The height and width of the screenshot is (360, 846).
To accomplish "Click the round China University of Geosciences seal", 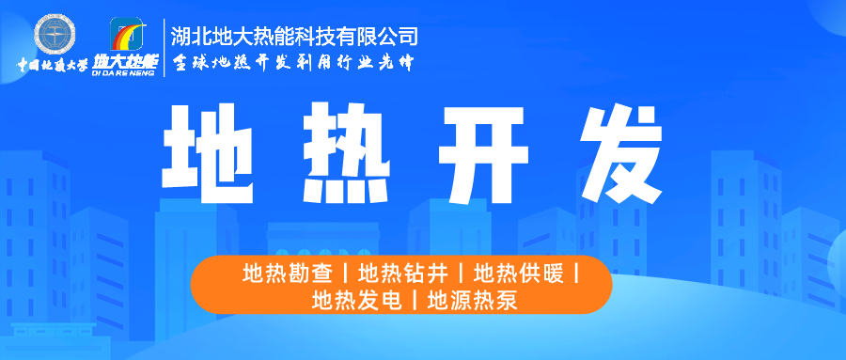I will pyautogui.click(x=55, y=35).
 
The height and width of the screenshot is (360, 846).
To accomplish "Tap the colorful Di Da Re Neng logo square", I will pyautogui.click(x=130, y=35).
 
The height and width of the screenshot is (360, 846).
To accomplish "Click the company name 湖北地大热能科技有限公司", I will pyautogui.click(x=294, y=37).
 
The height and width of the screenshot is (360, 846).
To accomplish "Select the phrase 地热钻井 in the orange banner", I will pyautogui.click(x=405, y=275).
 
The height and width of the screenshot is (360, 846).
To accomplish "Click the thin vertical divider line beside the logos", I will pyautogui.click(x=164, y=46).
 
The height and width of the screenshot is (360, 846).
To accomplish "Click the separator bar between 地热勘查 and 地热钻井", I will pyautogui.click(x=347, y=275).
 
